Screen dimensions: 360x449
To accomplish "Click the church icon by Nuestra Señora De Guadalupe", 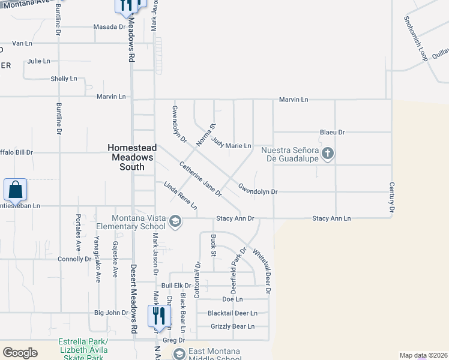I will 327,154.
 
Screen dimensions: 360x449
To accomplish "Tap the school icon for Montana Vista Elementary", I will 175,222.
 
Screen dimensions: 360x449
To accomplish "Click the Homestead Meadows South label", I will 132,157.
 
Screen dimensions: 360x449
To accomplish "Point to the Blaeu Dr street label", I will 333,133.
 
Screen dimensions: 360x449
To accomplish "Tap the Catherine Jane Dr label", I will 200,179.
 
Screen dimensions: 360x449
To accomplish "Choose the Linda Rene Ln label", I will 180,196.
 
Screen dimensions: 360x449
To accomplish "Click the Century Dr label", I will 391,198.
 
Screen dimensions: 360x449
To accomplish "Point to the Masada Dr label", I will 109,27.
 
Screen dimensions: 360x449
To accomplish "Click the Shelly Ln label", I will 64,79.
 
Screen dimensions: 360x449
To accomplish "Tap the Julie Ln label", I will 38,61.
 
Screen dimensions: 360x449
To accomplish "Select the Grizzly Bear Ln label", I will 232,326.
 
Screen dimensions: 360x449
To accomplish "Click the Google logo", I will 20,353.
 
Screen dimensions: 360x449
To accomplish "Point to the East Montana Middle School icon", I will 179,355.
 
